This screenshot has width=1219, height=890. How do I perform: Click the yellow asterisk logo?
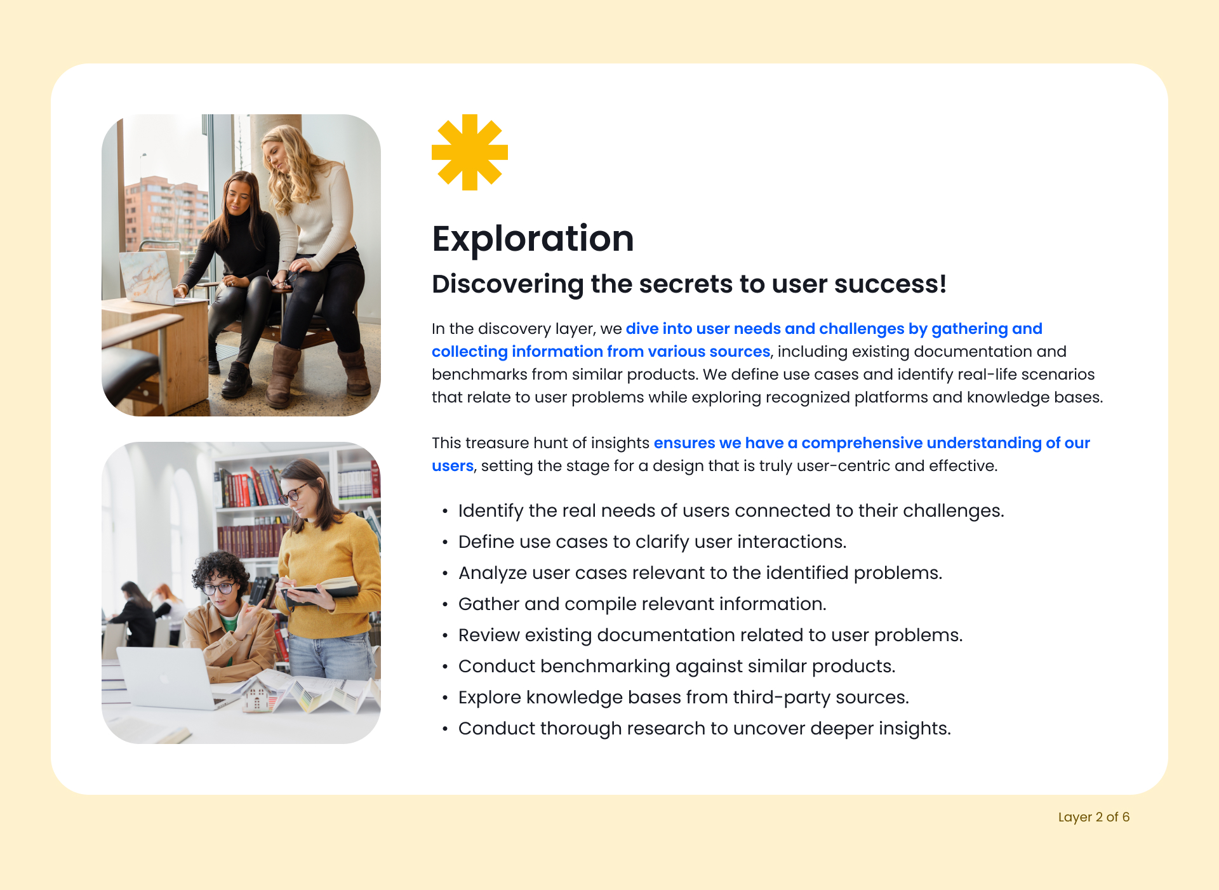pyautogui.click(x=470, y=152)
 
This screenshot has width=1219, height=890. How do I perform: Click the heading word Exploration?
pyautogui.click(x=533, y=239)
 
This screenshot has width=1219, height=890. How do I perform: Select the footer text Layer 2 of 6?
pyautogui.click(x=1093, y=817)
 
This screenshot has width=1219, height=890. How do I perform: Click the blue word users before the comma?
pyautogui.click(x=453, y=466)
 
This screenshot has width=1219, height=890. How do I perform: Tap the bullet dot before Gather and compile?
pyautogui.click(x=445, y=604)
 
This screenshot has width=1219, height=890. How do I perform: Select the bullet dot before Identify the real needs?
pyautogui.click(x=445, y=511)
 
